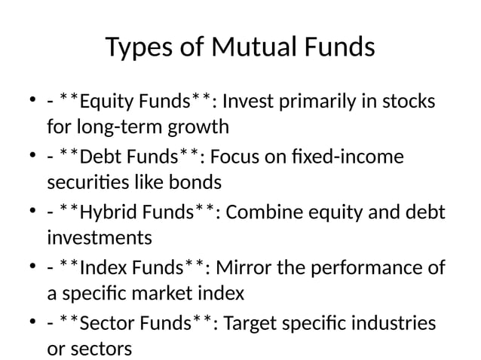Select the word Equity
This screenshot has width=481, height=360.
click(x=105, y=101)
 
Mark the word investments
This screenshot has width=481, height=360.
click(x=99, y=238)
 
